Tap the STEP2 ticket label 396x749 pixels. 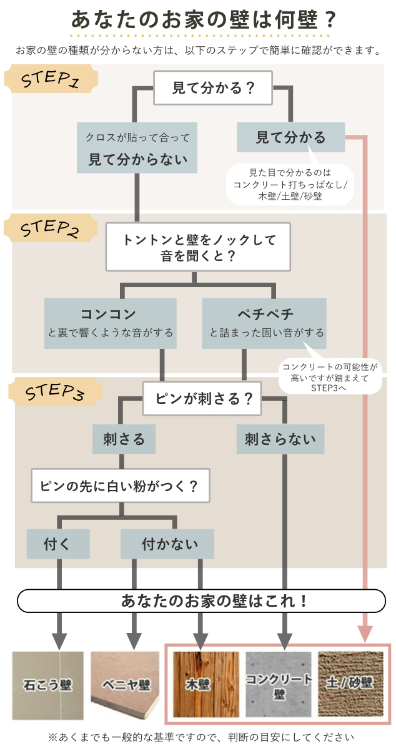50,229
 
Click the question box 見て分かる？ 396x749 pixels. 214,88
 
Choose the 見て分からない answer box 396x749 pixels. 137,147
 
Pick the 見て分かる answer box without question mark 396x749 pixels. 290,137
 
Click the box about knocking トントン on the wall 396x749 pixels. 198,247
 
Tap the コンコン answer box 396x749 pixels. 111,323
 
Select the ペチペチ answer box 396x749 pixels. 264,323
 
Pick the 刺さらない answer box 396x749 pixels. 280,439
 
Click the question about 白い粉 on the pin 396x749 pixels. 120,486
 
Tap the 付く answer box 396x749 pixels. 57,544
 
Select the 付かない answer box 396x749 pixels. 167,544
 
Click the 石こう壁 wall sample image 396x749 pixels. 48,685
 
